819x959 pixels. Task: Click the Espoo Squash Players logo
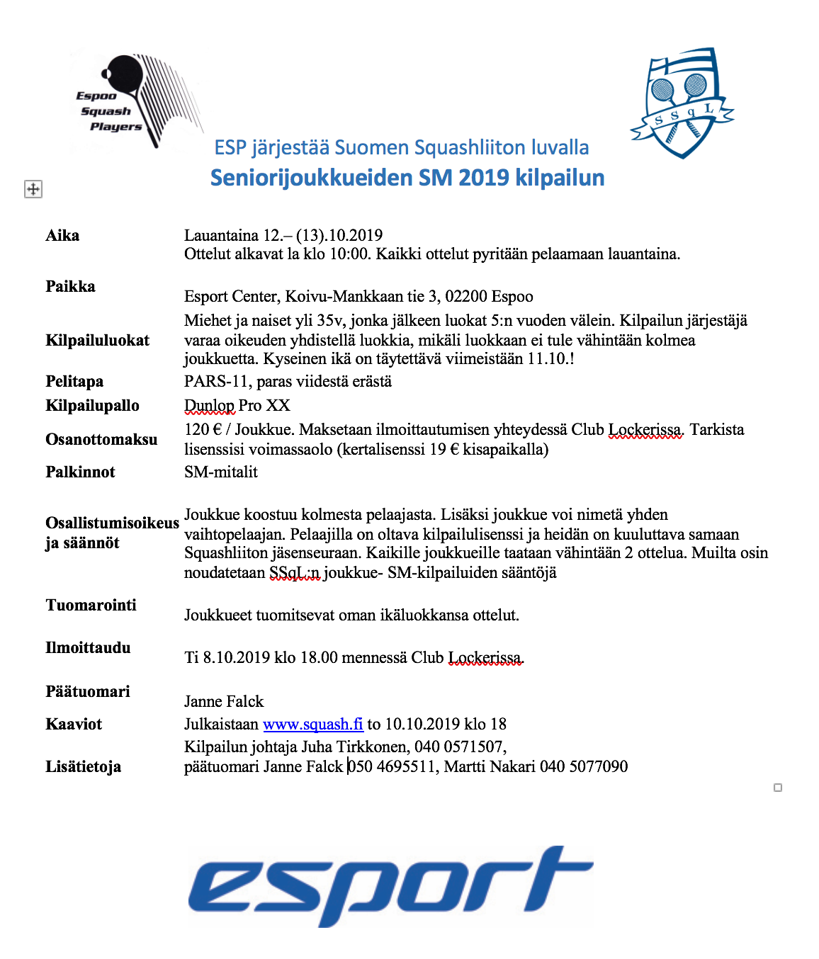click(135, 101)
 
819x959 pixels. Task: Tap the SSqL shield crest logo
click(682, 103)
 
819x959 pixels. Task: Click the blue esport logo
click(390, 885)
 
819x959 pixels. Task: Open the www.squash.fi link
click(312, 724)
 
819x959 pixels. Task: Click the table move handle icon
click(33, 189)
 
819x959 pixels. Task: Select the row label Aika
click(62, 236)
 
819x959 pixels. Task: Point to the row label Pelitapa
click(74, 382)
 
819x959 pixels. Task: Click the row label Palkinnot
click(80, 472)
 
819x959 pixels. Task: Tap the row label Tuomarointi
click(91, 606)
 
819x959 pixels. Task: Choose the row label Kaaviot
click(74, 725)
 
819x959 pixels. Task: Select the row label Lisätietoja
click(83, 767)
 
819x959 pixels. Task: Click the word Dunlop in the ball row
click(209, 406)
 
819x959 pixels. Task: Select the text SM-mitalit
click(221, 472)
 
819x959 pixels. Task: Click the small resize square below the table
click(778, 788)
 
